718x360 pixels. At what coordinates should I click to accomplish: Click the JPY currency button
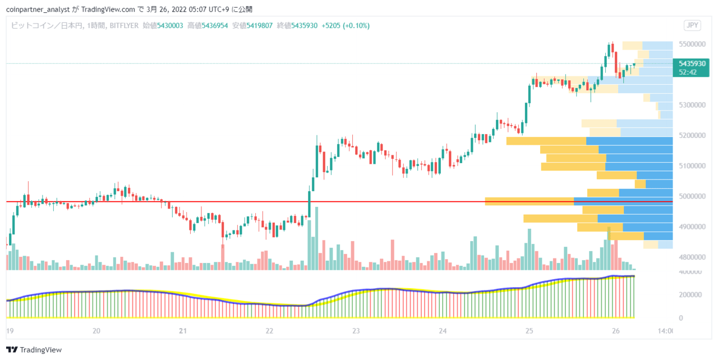point(692,25)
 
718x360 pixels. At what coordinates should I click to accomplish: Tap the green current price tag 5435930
point(691,68)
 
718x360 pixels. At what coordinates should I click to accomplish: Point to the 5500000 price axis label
point(692,44)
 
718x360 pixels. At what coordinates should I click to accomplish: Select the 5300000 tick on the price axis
point(692,105)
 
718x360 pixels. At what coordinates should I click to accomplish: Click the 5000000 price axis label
point(692,196)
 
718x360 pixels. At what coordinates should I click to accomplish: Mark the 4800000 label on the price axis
point(692,257)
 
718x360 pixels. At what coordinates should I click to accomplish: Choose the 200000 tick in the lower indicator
point(690,294)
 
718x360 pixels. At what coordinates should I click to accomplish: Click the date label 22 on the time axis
point(269,331)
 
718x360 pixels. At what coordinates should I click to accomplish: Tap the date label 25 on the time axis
point(529,331)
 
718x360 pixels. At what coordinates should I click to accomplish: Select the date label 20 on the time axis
point(96,331)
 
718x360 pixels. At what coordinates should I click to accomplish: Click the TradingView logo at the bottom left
point(34,349)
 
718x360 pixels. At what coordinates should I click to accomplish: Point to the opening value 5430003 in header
point(170,26)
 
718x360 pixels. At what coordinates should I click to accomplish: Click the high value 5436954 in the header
point(215,26)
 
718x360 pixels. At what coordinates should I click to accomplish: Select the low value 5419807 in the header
point(259,26)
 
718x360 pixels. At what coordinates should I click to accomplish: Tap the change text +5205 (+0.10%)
point(346,26)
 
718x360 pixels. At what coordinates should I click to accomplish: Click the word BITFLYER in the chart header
point(124,26)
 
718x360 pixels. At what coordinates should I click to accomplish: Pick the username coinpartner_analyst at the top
point(38,10)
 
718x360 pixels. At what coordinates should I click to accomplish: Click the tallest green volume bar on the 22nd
point(317,239)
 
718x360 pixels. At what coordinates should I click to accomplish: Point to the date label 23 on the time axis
point(356,331)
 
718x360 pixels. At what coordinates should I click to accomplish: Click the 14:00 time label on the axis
point(665,331)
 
